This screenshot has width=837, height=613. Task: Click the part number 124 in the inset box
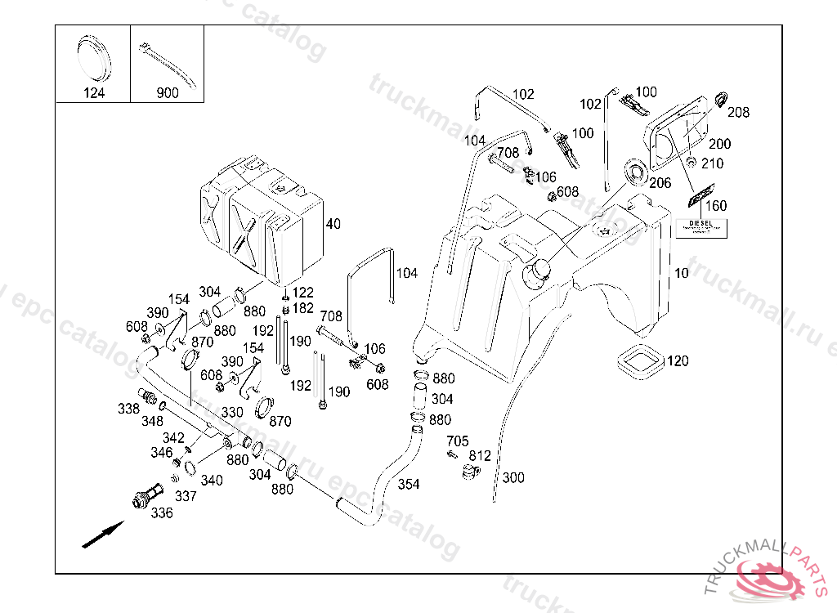coord(94,92)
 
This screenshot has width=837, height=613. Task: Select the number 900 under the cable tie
coord(168,92)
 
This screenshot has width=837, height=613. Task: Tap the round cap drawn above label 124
coord(95,56)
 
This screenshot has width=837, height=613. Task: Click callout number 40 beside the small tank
coord(333,224)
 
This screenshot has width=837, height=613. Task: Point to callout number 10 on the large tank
coord(682,273)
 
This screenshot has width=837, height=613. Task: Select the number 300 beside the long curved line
coord(513,477)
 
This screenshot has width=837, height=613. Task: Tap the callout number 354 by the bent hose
coord(409,484)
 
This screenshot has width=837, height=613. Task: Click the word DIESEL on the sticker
coord(700,222)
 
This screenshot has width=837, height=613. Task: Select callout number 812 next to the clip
coord(480,456)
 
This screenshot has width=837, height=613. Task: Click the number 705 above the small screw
coord(457,441)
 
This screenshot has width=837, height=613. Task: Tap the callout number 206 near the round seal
coord(660,183)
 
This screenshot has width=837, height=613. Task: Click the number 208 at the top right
coord(738,113)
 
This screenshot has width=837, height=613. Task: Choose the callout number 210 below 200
coord(712,163)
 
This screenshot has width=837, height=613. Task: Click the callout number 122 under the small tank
coord(302,293)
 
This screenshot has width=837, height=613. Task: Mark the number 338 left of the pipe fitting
coord(128,407)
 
